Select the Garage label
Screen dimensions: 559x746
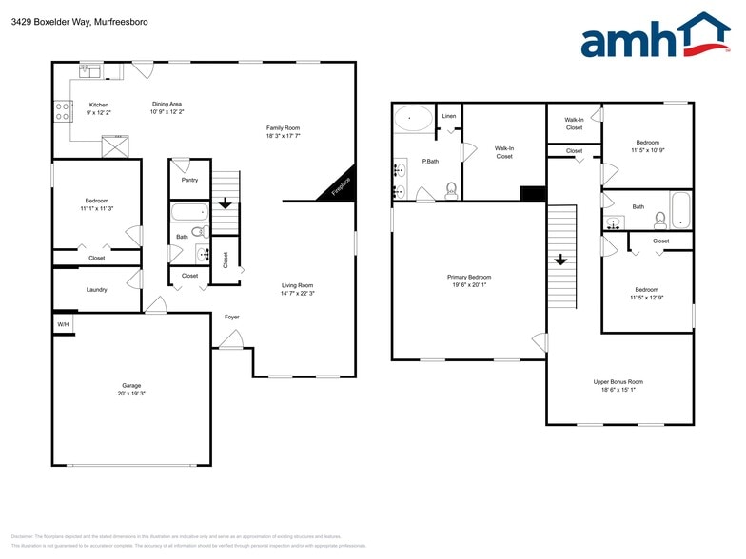131,385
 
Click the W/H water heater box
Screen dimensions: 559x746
63,325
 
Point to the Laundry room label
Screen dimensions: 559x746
96,289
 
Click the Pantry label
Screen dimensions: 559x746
189,179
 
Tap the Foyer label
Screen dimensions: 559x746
232,317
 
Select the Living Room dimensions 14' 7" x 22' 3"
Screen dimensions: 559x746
297,294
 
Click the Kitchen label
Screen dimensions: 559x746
99,105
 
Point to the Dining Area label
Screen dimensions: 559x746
167,104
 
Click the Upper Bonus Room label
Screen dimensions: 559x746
618,381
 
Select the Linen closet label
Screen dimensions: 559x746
449,116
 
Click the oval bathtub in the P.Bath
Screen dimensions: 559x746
413,118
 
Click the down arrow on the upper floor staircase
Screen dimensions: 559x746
560,259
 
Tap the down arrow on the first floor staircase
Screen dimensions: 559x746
225,202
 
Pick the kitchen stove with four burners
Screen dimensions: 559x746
64,112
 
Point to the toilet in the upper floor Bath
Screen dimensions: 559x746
659,221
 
